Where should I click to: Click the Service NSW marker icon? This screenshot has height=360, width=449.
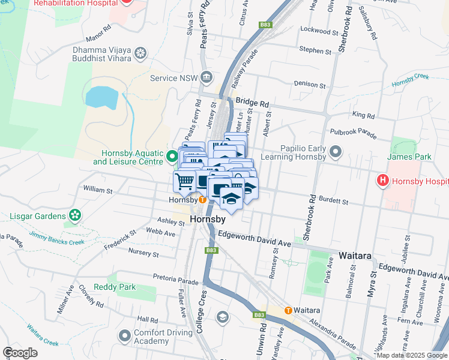pos(207,77)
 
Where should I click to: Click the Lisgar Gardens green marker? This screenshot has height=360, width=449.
pos(75,215)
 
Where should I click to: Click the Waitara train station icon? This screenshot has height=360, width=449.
pos(288,311)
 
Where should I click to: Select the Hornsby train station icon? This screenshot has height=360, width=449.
pos(203,199)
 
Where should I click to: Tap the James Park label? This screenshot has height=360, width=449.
pos(401,157)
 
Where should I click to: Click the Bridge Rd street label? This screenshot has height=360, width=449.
pos(252,102)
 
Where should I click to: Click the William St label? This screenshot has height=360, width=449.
pos(98,190)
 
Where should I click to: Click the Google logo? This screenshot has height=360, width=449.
pos(20,353)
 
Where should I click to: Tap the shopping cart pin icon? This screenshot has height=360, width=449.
pos(185,180)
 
